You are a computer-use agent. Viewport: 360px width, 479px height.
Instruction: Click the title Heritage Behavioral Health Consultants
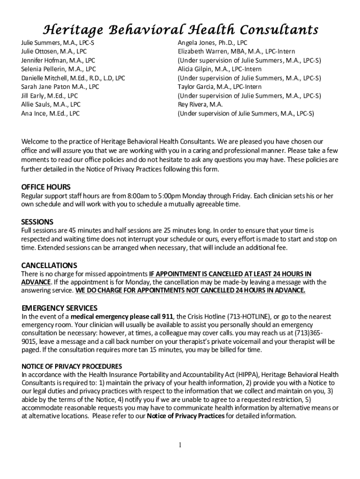180,30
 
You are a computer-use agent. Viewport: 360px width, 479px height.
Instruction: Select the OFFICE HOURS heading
46,187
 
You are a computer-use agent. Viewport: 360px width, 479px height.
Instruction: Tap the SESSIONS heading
37,221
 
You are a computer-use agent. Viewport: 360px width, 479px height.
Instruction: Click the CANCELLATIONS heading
49,265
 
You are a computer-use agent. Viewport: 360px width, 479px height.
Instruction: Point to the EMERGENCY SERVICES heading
59,308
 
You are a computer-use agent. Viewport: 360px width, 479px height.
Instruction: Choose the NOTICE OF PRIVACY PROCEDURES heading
72,366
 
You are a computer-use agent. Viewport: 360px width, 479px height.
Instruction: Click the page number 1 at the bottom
180,445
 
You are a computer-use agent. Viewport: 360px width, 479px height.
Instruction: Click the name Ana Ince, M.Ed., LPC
50,113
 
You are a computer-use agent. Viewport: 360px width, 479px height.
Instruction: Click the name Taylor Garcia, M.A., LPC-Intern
220,87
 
